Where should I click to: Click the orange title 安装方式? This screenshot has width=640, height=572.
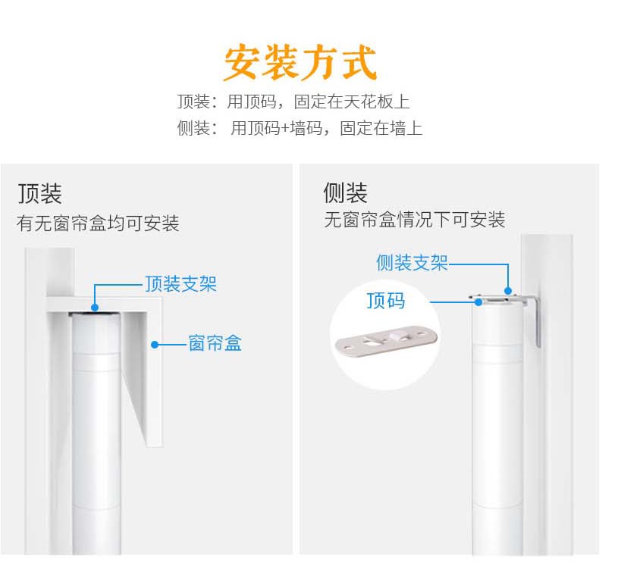[300, 62]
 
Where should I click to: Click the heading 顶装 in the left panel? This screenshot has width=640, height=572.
[40, 193]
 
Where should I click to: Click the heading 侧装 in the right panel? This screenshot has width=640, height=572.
[345, 192]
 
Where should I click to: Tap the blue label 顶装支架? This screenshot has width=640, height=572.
[180, 284]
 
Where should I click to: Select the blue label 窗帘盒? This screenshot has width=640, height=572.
[215, 343]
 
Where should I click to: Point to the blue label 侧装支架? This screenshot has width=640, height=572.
[413, 263]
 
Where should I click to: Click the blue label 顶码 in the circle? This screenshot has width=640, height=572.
[386, 301]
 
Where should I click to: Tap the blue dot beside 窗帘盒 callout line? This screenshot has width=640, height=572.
[154, 345]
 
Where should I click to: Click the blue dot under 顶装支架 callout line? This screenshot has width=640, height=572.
[95, 308]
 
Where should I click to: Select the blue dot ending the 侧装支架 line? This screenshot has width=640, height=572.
[508, 291]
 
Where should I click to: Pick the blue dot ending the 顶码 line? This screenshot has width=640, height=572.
[478, 302]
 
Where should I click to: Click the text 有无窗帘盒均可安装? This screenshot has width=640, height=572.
[98, 223]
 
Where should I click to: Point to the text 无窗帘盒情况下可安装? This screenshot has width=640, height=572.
[415, 220]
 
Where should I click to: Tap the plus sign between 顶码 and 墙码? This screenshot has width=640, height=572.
[285, 129]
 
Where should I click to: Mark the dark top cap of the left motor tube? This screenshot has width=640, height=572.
[95, 314]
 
